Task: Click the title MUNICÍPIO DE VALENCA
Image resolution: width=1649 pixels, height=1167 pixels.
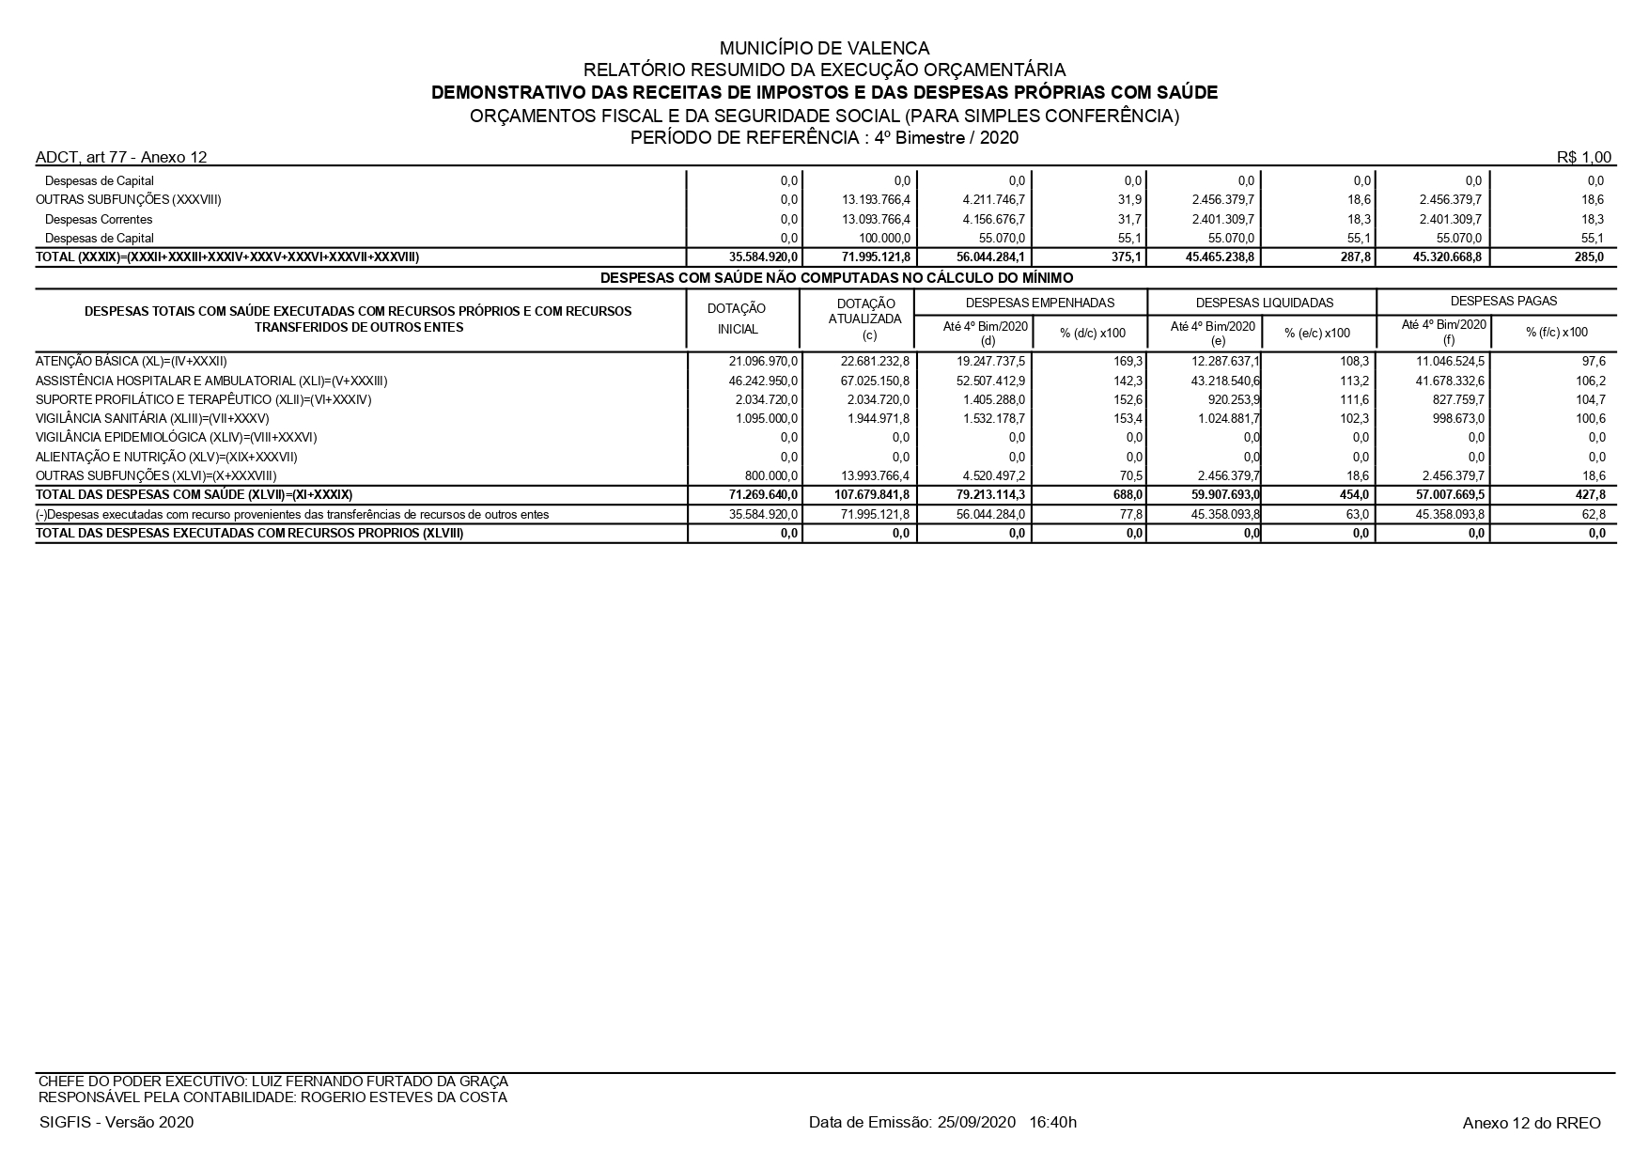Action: pos(824,48)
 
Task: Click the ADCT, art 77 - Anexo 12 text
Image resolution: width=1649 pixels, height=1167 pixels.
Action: pos(121,157)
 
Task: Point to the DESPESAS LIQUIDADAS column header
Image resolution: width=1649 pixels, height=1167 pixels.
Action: pos(1264,303)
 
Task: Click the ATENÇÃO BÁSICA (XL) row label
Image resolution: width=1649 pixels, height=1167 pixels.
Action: pos(132,362)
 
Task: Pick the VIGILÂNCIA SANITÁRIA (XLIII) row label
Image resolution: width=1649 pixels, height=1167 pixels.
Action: pos(152,418)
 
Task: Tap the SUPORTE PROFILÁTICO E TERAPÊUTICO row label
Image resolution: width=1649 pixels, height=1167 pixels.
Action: pos(204,399)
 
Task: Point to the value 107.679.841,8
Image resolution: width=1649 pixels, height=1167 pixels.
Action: pos(872,494)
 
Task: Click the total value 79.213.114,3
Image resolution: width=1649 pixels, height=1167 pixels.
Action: pos(988,494)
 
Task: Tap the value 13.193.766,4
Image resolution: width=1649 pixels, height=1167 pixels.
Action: pos(877,199)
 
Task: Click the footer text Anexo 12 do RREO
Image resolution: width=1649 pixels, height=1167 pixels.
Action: pos(1532,1123)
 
